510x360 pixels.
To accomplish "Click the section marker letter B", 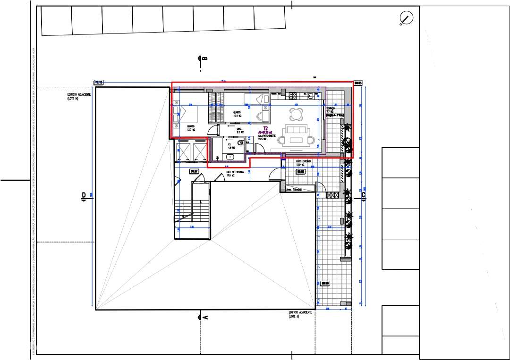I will click(x=204, y=59).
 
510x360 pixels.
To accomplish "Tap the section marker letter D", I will click(x=84, y=195).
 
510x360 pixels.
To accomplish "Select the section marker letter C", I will click(x=363, y=194).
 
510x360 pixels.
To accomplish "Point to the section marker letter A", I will click(x=205, y=318).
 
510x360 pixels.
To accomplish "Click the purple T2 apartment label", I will click(x=265, y=128).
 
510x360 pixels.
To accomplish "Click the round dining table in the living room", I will click(x=297, y=114).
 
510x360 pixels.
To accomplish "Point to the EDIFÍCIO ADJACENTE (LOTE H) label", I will click(x=79, y=96).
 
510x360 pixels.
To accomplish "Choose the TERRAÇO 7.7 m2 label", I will click(x=334, y=112).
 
